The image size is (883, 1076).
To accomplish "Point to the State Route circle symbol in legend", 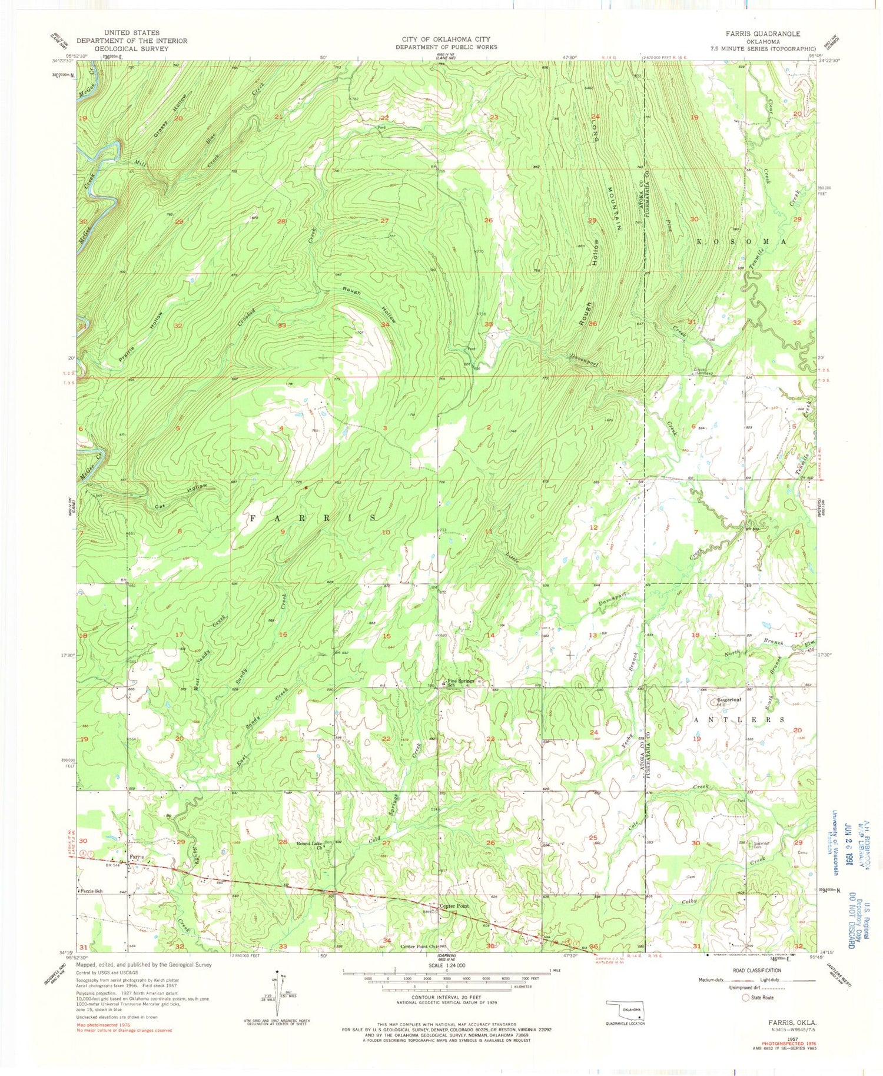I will tap(746, 998).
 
